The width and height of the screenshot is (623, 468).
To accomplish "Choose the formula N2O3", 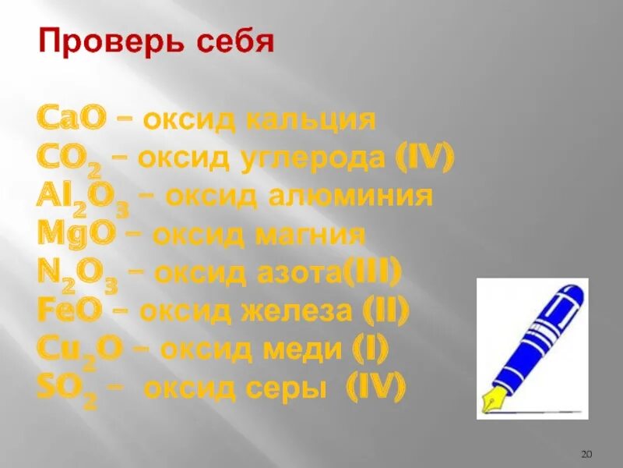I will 77,273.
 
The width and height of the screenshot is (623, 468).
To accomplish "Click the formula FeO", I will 69,310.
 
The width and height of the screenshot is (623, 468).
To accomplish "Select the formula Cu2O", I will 78,349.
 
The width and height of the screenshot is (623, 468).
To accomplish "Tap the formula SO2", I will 65,388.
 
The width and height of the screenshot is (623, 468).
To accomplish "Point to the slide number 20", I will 588,454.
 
